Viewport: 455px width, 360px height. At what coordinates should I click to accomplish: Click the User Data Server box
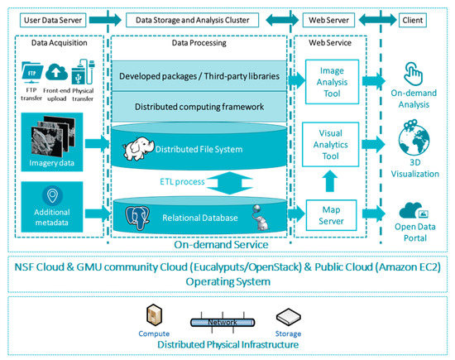(x=53, y=21)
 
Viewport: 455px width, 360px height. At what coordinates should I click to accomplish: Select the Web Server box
(x=328, y=21)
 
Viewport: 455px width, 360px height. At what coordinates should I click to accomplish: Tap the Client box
(x=412, y=21)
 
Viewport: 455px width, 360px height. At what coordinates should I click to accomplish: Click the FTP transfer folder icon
(x=32, y=73)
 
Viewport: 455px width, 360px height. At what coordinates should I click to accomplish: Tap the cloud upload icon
(x=56, y=72)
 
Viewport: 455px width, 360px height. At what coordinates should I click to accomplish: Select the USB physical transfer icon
(x=83, y=71)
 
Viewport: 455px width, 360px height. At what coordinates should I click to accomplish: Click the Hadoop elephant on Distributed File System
(x=138, y=148)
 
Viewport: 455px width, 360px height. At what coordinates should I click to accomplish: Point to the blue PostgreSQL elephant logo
(x=137, y=218)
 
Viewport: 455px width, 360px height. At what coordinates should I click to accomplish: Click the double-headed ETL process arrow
(x=229, y=183)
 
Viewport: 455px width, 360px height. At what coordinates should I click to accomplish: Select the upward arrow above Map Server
(x=329, y=181)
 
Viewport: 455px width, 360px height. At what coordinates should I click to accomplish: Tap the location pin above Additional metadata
(x=52, y=196)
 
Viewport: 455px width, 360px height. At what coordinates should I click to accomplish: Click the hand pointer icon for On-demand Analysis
(x=413, y=74)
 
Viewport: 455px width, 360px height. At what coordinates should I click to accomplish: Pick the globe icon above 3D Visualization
(x=414, y=138)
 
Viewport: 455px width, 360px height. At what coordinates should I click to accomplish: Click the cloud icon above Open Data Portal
(x=414, y=210)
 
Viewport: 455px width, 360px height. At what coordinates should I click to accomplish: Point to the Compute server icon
(x=154, y=315)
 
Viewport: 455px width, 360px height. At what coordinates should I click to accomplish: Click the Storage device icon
(x=288, y=317)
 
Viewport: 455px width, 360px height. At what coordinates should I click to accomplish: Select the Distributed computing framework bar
(x=199, y=107)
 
